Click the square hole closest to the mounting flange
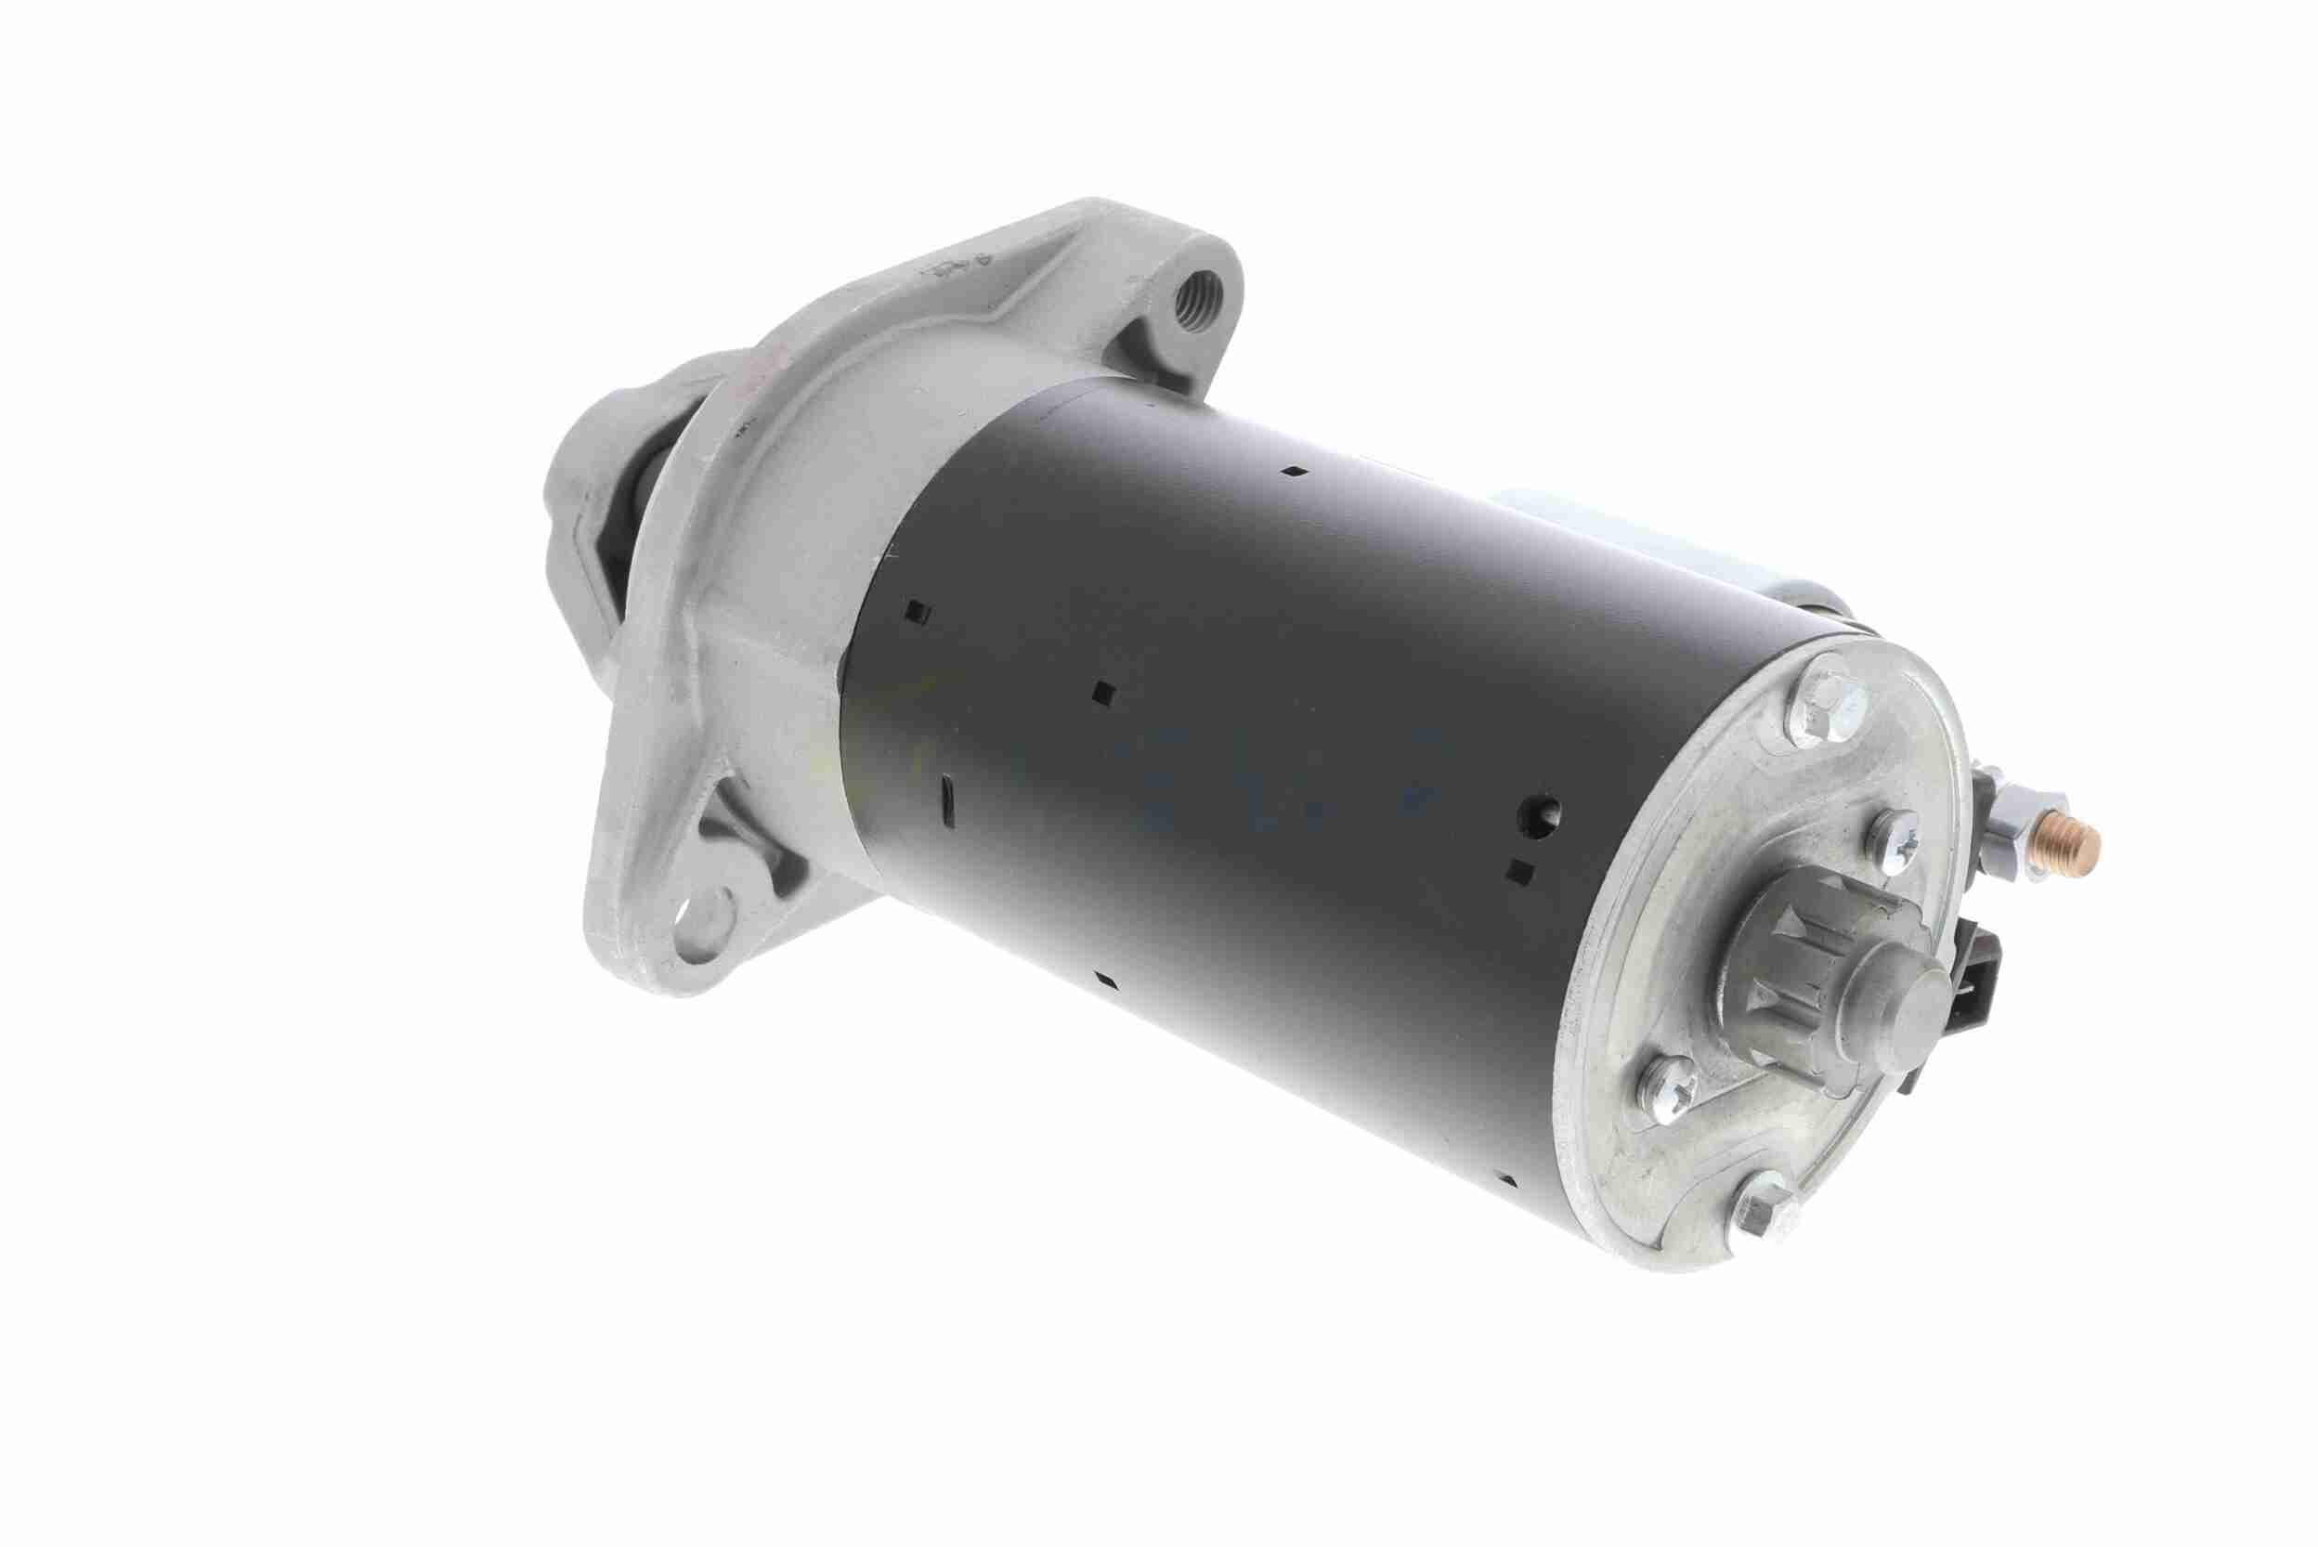click(x=918, y=614)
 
